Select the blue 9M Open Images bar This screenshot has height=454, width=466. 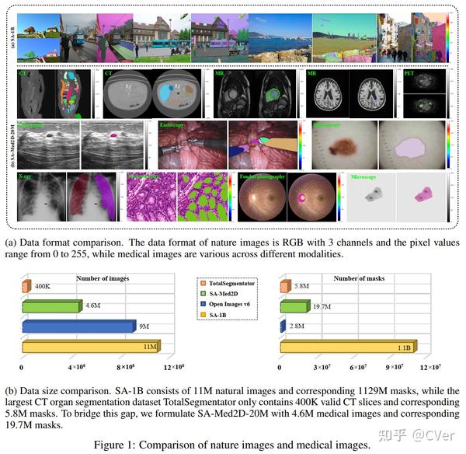pyautogui.click(x=78, y=327)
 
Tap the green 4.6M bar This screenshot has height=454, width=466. pyautogui.click(x=50, y=307)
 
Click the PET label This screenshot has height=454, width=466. pyautogui.click(x=409, y=74)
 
